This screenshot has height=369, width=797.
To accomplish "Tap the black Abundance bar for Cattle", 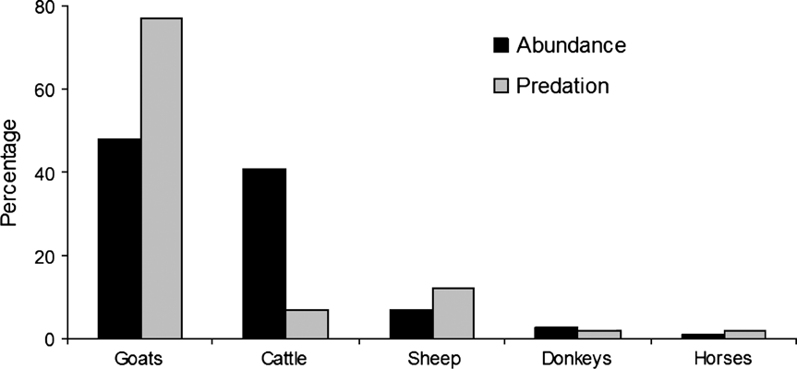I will (x=264, y=254).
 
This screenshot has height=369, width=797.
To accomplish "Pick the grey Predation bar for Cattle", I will (x=306, y=324).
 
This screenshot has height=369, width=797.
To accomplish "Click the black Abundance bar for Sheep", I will (x=410, y=324).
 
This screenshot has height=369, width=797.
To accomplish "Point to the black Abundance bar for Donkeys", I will (x=556, y=333).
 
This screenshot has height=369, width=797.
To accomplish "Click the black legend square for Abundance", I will (x=501, y=45).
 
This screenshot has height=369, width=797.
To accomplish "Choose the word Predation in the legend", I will (x=563, y=86).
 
